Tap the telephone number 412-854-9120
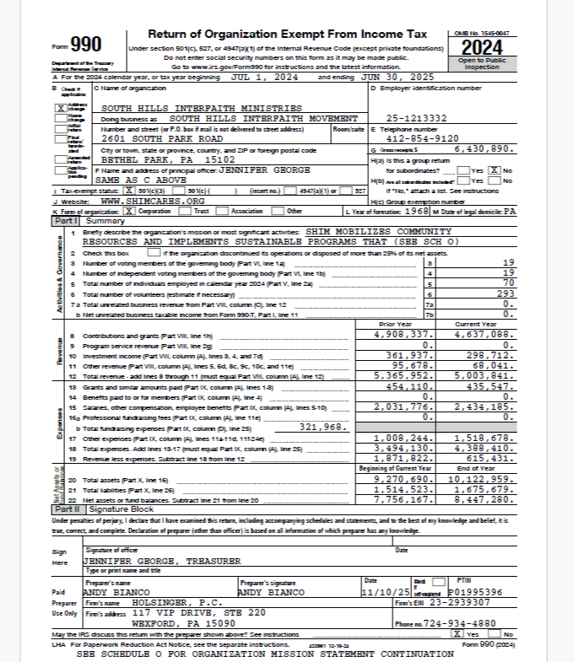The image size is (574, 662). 421,137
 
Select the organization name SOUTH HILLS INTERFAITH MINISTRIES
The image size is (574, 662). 201,109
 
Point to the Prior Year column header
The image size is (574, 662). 396,324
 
